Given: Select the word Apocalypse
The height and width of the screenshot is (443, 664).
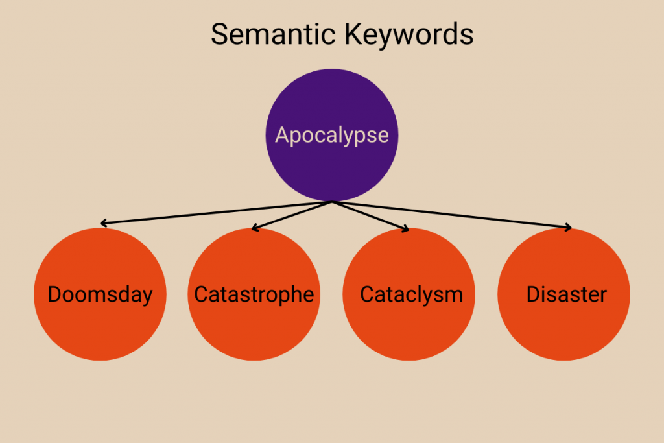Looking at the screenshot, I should tap(332, 135).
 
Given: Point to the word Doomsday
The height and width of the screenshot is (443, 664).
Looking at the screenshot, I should tap(100, 294).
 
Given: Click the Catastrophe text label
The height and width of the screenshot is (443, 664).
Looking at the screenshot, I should tap(254, 294).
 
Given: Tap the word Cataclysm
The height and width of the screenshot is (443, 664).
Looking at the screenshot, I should tap(411, 294).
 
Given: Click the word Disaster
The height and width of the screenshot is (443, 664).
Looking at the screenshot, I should tap(566, 294).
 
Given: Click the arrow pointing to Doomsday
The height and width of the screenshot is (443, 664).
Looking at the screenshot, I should tap(214, 213).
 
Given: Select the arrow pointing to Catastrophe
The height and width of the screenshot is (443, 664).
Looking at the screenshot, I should tap(292, 215).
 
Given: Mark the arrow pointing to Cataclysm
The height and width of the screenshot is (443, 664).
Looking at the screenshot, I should tap(371, 216).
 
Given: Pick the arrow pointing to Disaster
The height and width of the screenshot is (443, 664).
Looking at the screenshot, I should tap(454, 215).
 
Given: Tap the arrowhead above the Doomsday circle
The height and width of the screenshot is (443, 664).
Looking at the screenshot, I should tap(104, 223).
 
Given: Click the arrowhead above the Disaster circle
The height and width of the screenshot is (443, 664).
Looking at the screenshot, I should tap(568, 227).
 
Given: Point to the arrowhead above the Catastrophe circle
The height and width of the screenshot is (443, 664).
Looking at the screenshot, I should tap(254, 228).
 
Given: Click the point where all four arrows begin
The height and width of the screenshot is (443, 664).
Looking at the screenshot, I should tap(332, 202).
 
